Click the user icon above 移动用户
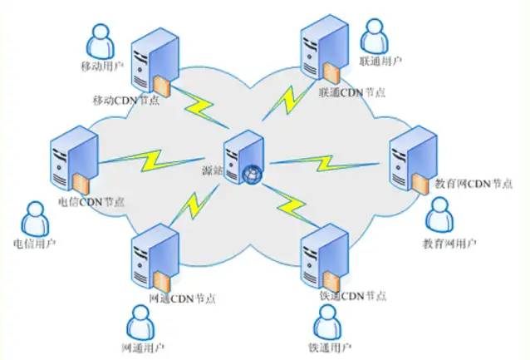click(x=100, y=39)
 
